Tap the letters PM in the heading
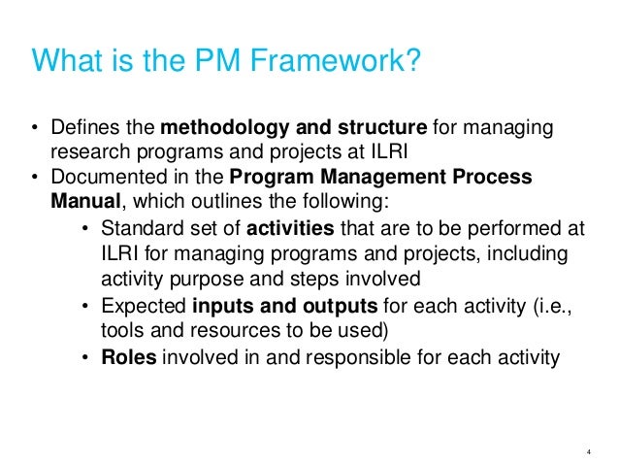pyautogui.click(x=220, y=61)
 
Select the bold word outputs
pyautogui.click(x=326, y=307)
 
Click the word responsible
pyautogui.click(x=351, y=358)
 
